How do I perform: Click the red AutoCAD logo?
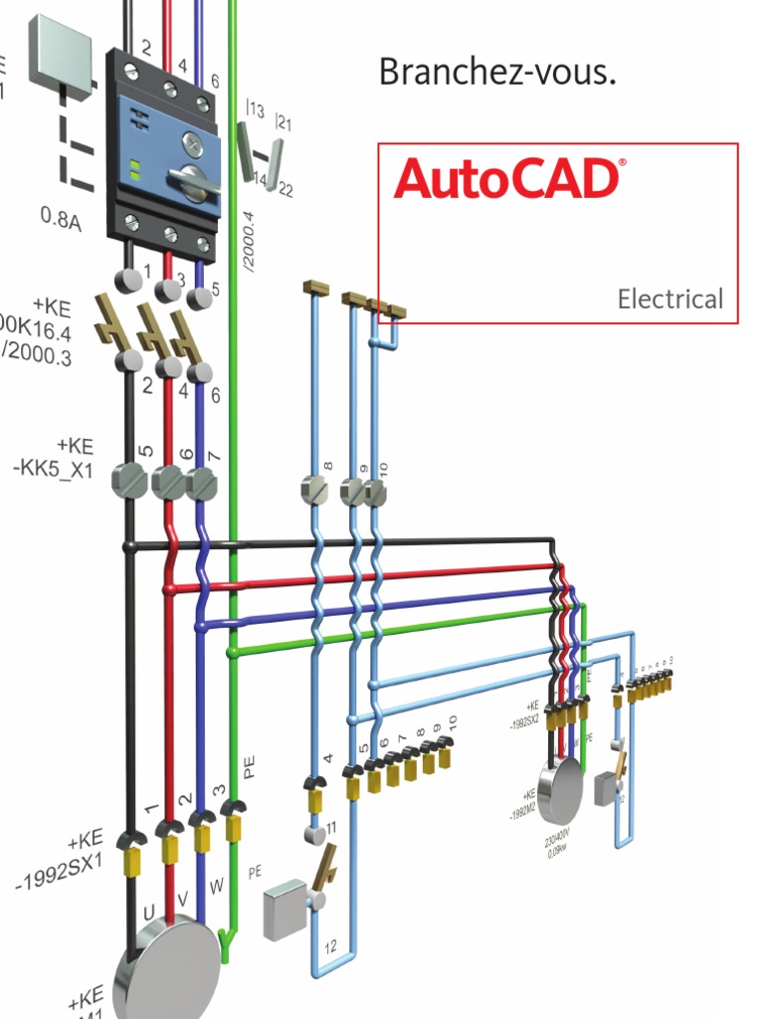pyautogui.click(x=508, y=179)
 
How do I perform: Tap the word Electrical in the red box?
pyautogui.click(x=669, y=299)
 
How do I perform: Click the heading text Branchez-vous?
pyautogui.click(x=496, y=72)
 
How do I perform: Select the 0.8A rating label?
pyautogui.click(x=62, y=216)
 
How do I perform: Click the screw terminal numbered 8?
pyautogui.click(x=315, y=489)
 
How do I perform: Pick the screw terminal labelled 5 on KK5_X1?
pyautogui.click(x=130, y=483)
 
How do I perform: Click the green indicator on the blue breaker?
pyautogui.click(x=134, y=166)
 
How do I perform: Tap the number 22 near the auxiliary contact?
pyautogui.click(x=286, y=190)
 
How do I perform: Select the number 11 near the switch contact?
pyautogui.click(x=332, y=827)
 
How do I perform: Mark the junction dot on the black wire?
pyautogui.click(x=129, y=545)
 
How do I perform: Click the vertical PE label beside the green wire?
pyautogui.click(x=250, y=764)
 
